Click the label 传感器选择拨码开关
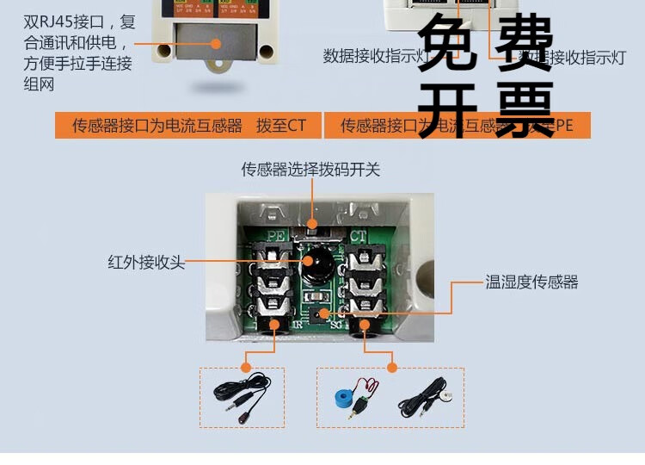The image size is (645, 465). [310, 170]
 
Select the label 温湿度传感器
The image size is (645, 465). [531, 282]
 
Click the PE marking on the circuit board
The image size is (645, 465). [276, 234]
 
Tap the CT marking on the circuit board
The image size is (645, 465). [359, 234]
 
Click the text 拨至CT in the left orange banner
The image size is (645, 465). [280, 126]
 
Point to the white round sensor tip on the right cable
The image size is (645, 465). [448, 397]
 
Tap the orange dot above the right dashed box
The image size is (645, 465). [392, 367]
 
